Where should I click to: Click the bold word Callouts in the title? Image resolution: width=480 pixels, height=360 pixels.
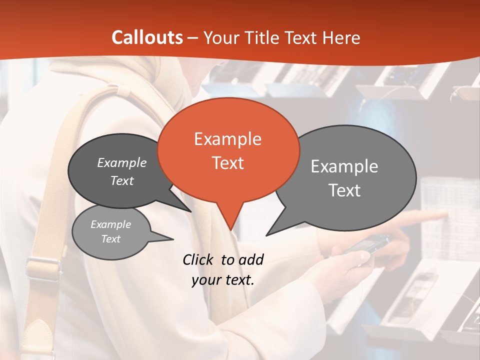coord(147,37)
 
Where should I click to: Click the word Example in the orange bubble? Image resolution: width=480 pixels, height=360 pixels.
coord(227,139)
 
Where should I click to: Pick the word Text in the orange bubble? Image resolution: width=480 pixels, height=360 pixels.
coord(227,163)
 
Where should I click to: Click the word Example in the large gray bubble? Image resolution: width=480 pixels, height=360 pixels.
coord(344,166)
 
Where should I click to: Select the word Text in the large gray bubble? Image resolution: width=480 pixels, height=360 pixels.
coord(344,190)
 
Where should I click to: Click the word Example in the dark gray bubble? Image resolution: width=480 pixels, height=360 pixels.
coord(122,163)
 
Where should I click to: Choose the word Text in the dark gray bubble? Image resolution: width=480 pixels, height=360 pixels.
coord(122,181)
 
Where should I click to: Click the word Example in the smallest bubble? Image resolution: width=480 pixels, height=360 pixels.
coord(110,224)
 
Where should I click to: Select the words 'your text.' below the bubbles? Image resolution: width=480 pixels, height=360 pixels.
coord(223,280)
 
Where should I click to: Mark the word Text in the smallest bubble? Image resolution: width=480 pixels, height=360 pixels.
coord(110,239)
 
